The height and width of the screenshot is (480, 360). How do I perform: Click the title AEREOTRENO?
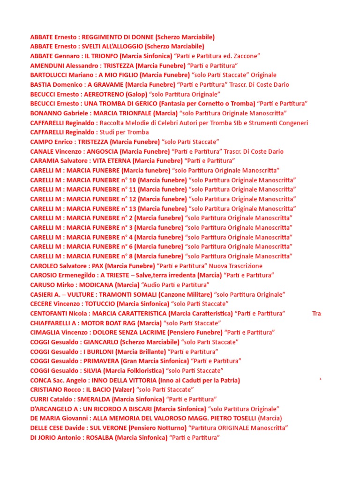(101, 94)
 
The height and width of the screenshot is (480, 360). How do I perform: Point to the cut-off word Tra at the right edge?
(316, 314)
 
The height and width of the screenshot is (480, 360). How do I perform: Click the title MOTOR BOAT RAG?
(107, 323)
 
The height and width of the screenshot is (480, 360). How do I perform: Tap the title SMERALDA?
(94, 399)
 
